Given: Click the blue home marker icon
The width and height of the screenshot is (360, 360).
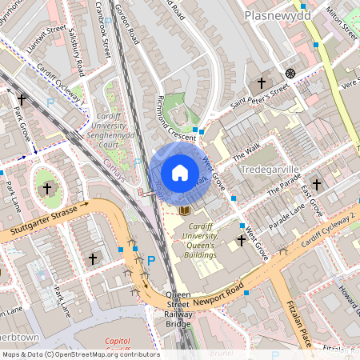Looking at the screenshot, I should [180, 173].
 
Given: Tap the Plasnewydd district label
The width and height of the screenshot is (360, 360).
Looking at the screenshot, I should [277, 15].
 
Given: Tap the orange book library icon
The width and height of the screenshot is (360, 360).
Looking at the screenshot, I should [186, 210].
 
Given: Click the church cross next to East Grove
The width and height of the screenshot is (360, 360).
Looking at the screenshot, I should [316, 184].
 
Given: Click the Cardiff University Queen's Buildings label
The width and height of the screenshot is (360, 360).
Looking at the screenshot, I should [196, 241].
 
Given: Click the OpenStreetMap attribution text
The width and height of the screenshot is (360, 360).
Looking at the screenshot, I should [80, 354].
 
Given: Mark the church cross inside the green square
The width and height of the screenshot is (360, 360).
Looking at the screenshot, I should [46, 189].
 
